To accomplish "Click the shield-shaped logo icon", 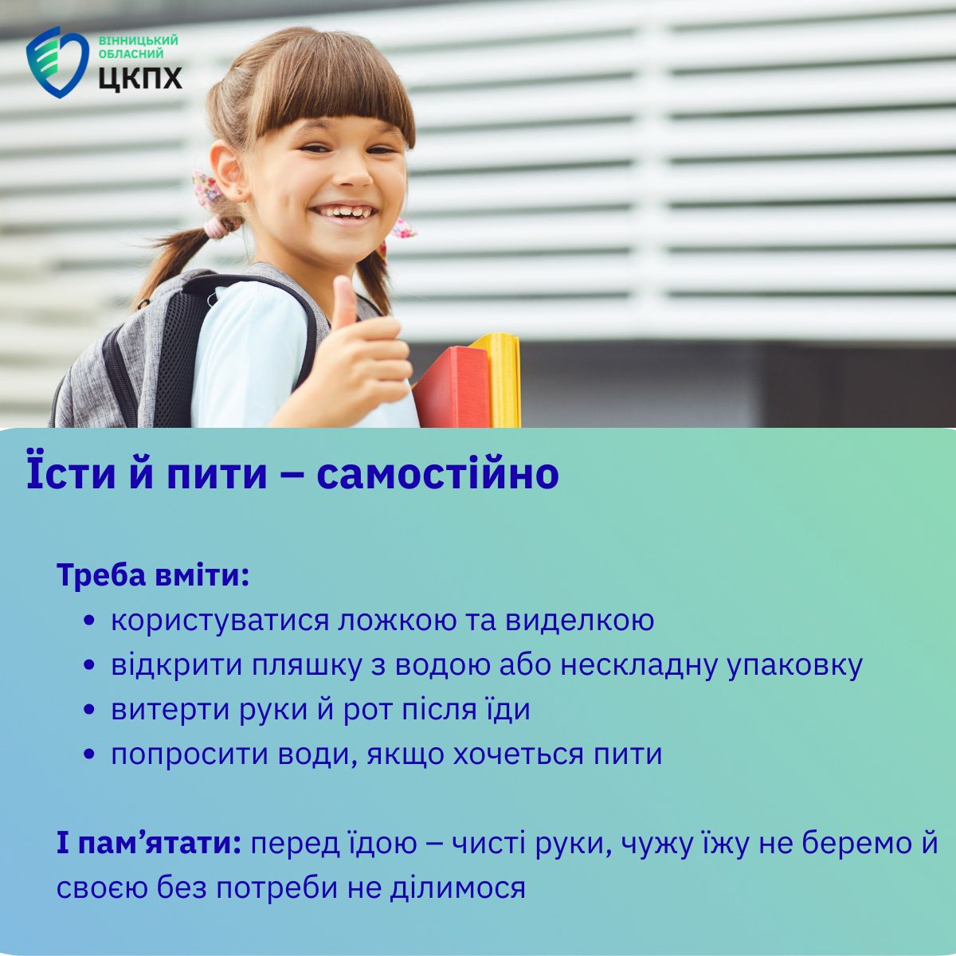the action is point(57,62).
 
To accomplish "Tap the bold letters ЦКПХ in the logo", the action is point(140,78).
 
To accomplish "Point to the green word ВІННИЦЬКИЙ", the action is point(138,41).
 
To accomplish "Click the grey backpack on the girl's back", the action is point(149,352).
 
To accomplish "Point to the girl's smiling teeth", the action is point(344,213).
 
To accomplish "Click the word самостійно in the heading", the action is point(438,473).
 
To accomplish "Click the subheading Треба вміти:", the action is point(153,575).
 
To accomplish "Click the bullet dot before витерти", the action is point(89,710).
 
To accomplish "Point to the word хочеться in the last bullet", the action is point(511,755).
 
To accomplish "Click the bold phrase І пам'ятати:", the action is point(149,844).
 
